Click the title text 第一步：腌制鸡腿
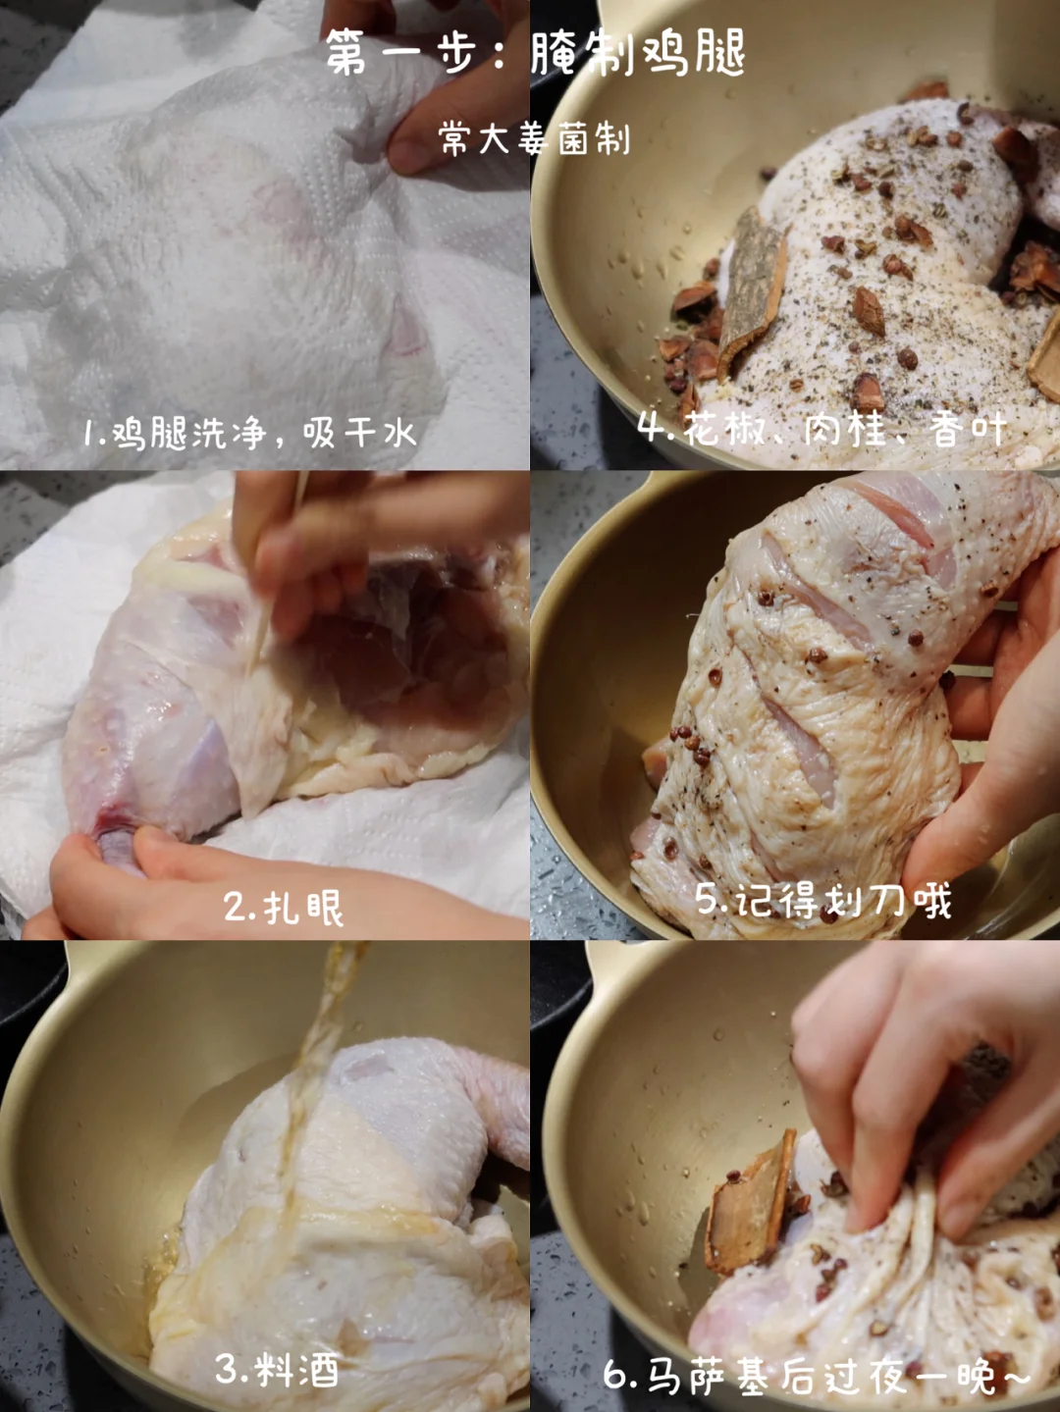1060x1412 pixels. point(535,53)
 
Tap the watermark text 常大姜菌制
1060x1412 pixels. point(535,138)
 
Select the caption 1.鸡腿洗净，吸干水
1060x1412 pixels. point(250,433)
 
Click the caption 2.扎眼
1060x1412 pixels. point(283,908)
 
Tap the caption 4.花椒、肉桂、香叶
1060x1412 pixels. point(822,430)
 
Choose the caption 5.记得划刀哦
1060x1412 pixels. point(823,900)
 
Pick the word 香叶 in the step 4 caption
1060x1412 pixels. point(968,430)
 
